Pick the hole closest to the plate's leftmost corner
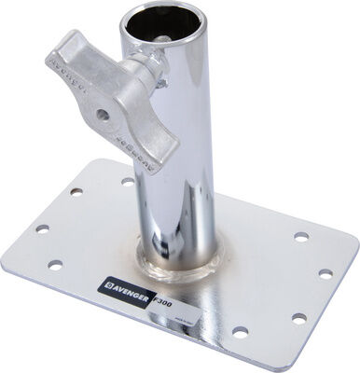[42, 227]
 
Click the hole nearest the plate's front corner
[241, 332]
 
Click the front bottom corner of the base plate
[250, 366]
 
